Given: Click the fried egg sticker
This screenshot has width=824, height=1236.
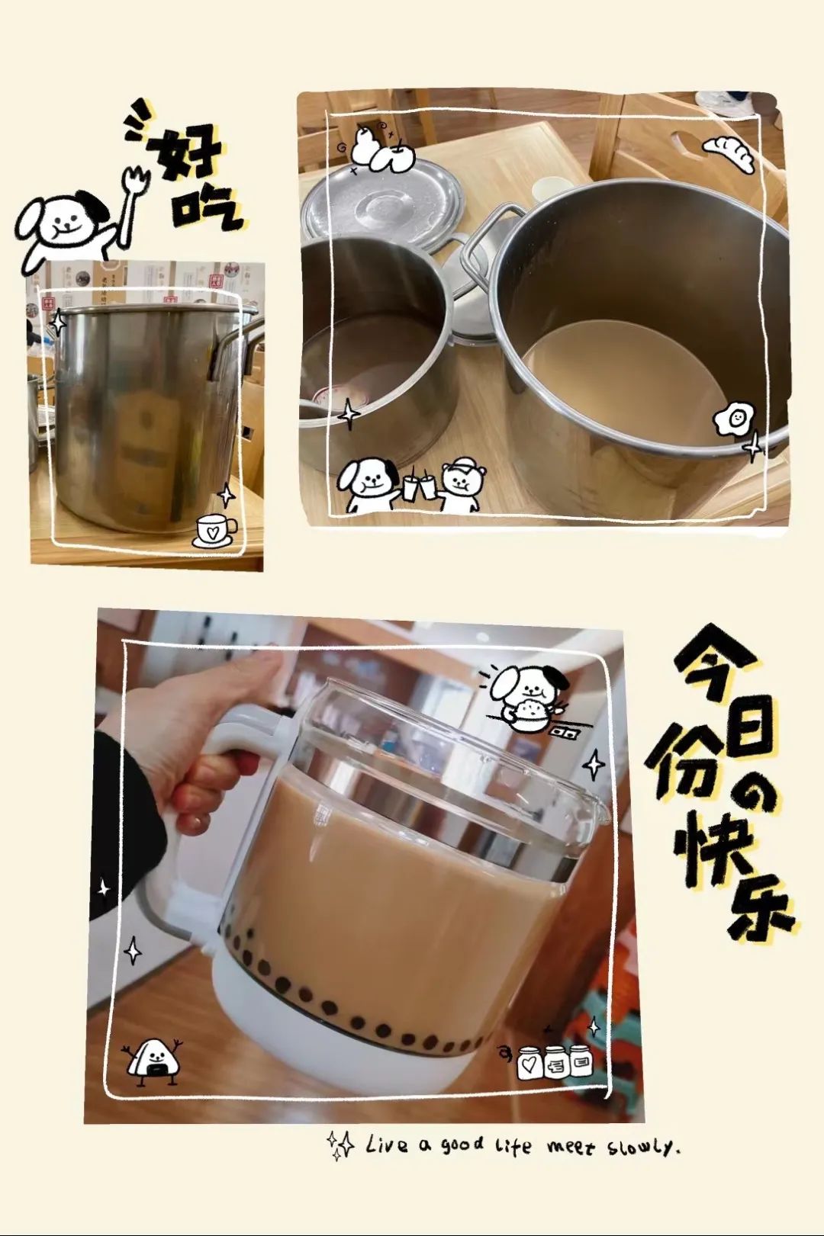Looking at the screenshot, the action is pos(734,419).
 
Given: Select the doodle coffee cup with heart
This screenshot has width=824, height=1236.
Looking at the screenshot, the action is pos(216,531).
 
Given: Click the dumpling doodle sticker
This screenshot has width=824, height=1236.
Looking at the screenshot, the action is pos(729,153).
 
